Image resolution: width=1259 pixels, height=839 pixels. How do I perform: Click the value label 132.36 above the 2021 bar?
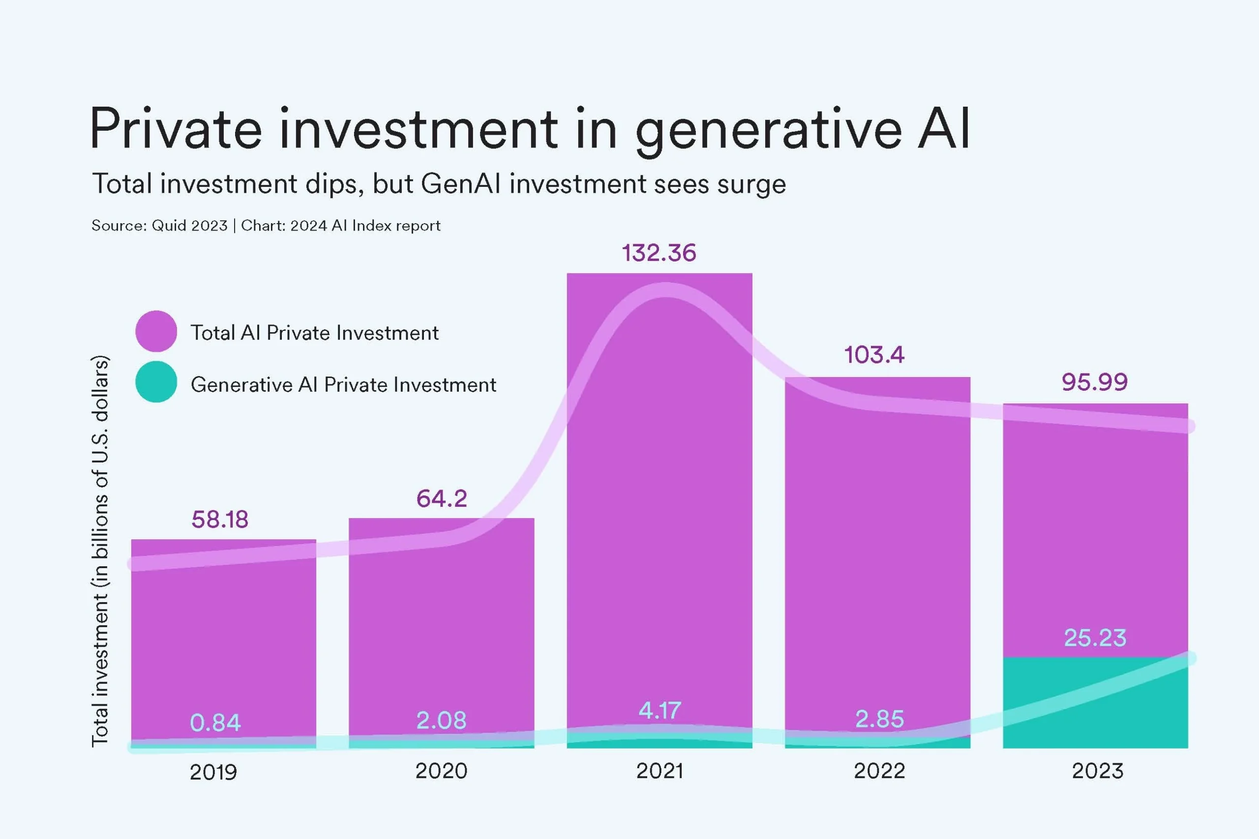click(659, 253)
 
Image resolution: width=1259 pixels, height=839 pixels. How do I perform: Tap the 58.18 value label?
click(219, 520)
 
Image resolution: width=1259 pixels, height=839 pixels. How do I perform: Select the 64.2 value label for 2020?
click(442, 499)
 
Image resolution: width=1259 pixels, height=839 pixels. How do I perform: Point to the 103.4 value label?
click(874, 355)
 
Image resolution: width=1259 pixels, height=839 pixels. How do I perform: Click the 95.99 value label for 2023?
click(1094, 382)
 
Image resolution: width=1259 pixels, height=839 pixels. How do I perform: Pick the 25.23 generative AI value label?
click(1095, 638)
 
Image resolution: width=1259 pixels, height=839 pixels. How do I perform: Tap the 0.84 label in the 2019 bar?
click(215, 723)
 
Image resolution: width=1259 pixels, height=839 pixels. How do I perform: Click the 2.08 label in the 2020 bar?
click(441, 720)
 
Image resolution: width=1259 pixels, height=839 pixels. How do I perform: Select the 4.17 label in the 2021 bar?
click(659, 711)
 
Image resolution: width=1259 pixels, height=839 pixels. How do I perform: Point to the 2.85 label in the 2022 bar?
click(879, 719)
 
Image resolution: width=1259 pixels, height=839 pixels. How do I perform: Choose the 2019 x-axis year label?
click(213, 772)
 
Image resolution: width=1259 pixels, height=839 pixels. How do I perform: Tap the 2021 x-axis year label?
click(659, 771)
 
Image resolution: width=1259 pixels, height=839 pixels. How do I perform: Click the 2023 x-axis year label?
click(1097, 771)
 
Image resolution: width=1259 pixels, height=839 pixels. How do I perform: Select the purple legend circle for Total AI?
click(156, 331)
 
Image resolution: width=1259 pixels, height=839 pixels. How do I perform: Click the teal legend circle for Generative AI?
click(156, 382)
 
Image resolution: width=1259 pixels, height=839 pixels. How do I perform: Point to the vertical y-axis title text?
click(100, 551)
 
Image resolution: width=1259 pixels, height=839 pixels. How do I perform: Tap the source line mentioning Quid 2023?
click(266, 226)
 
